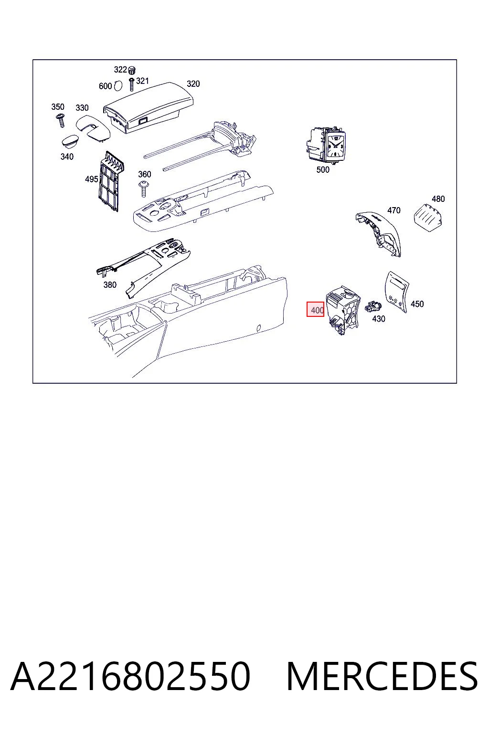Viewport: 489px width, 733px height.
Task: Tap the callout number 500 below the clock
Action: tap(323, 169)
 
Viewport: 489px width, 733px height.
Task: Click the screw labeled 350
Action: tap(61, 120)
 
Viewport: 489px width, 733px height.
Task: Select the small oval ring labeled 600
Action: tap(118, 85)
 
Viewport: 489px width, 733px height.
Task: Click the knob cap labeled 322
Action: tap(132, 70)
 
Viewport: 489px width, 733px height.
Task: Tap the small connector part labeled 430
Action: tap(373, 306)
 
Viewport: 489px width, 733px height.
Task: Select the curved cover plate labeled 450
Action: tap(397, 292)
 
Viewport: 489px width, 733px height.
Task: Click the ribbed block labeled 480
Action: tap(429, 217)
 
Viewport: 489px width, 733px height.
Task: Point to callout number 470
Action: tap(393, 210)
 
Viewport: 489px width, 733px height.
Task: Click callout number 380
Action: tap(110, 285)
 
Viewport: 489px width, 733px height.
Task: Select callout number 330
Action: tap(82, 108)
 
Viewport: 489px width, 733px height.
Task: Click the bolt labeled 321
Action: tap(132, 84)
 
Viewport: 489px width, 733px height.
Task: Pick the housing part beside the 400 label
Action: tap(342, 310)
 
